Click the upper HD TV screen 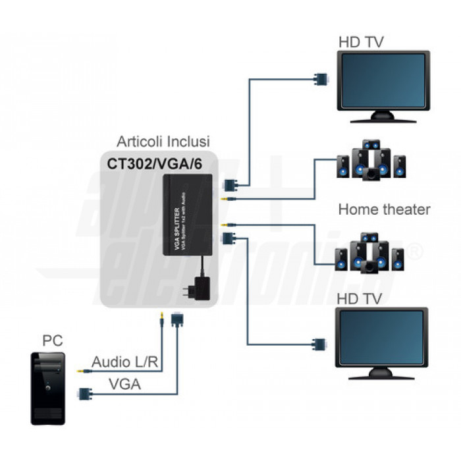point(383,81)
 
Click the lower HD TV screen point(380,337)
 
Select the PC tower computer point(48,389)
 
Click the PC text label point(53,341)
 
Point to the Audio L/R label point(126,362)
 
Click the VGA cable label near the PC point(124,384)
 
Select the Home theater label point(384,209)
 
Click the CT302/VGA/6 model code point(157,163)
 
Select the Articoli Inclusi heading point(163,141)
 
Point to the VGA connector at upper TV point(321,80)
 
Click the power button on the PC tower point(48,388)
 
